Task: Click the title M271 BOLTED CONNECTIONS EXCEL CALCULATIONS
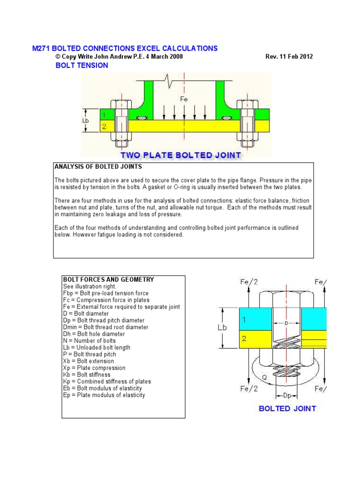pyautogui.click(x=124, y=48)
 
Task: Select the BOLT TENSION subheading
pyautogui.click(x=82, y=65)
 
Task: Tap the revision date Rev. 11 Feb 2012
pyautogui.click(x=289, y=57)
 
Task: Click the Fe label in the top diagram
pyautogui.click(x=184, y=99)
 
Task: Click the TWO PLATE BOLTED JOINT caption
pyautogui.click(x=180, y=155)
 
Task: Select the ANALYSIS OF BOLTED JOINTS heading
pyautogui.click(x=98, y=166)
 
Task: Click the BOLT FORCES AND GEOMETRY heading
pyautogui.click(x=108, y=279)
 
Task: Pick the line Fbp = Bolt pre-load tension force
pyautogui.click(x=105, y=293)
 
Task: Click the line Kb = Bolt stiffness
pyautogui.click(x=87, y=375)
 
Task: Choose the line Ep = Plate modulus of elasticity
pyautogui.click(x=104, y=395)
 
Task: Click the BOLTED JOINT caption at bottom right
pyautogui.click(x=287, y=408)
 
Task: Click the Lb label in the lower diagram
pyautogui.click(x=222, y=328)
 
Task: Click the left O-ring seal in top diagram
pyautogui.click(x=140, y=118)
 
